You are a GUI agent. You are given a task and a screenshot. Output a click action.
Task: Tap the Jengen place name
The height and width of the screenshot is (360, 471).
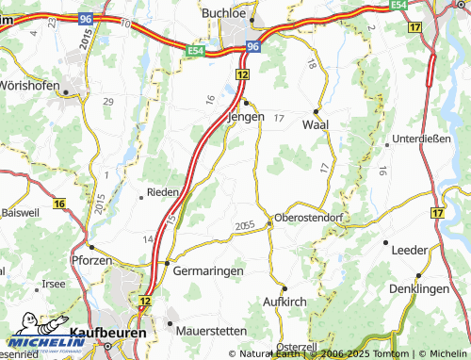pyautogui.click(x=246, y=117)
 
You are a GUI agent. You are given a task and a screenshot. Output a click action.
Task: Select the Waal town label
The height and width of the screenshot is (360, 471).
pyautogui.click(x=315, y=123)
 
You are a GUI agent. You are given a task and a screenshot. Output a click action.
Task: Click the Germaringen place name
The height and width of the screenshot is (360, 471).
pyautogui.click(x=208, y=270)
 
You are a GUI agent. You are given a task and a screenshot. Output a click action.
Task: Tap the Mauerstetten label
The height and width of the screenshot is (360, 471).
pyautogui.click(x=211, y=331)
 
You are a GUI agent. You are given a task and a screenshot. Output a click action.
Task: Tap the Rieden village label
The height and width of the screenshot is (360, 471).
pyautogui.click(x=162, y=191)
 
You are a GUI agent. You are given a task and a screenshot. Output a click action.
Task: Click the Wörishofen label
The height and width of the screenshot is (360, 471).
pyautogui.click(x=29, y=85)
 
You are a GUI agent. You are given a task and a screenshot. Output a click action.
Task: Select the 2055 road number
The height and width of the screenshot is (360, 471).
pyautogui.click(x=245, y=225)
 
